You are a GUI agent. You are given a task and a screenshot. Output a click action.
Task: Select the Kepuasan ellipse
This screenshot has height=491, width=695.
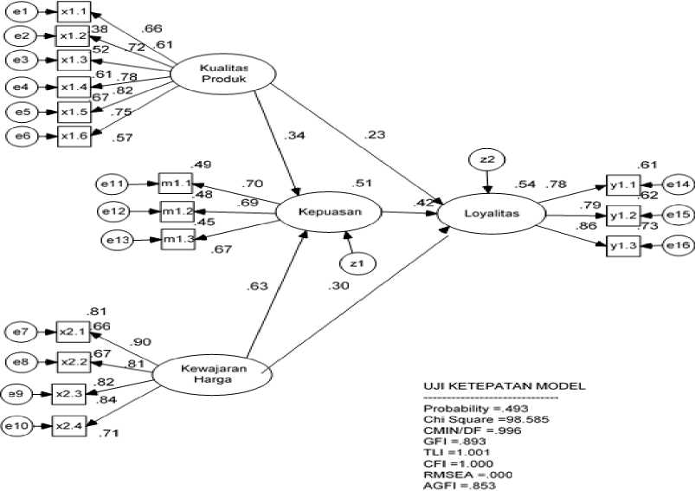point(328,210)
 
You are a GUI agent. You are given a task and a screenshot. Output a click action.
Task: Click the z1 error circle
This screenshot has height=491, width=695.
point(356,262)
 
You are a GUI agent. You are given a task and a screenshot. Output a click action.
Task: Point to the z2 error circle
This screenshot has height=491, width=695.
point(487,159)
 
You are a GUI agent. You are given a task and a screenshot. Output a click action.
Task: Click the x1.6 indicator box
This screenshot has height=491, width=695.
point(74,135)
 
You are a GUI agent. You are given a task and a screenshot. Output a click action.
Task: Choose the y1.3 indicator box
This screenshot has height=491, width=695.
point(624,246)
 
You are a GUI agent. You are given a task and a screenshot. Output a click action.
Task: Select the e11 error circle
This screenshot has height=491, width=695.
point(113,184)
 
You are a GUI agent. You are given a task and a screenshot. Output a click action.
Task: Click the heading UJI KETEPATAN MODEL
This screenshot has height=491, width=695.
point(492,385)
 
